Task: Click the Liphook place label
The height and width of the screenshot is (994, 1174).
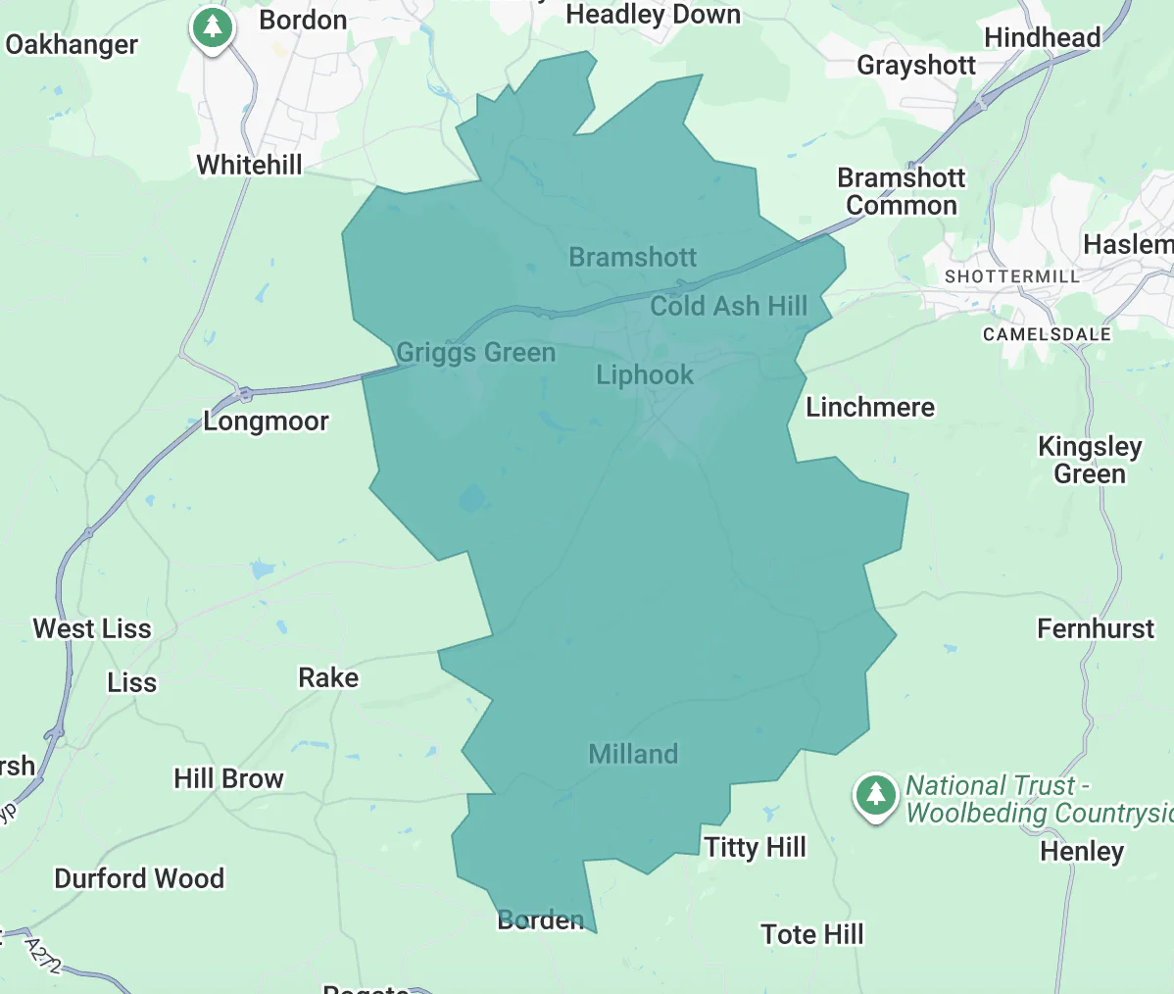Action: pos(645,374)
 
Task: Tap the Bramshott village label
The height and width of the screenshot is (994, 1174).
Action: pos(633,257)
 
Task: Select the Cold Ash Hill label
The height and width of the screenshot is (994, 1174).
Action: pos(729,306)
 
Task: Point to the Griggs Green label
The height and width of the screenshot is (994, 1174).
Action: pos(475,352)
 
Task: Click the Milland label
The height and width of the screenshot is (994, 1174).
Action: pos(633,754)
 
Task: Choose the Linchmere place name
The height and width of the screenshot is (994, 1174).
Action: pos(870,407)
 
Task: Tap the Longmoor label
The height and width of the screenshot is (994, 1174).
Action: pos(266,421)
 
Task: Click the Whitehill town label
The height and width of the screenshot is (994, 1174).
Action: pos(250,165)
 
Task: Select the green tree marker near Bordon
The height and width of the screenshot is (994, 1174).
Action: pos(212,27)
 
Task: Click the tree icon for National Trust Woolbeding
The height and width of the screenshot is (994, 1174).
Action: pos(875,794)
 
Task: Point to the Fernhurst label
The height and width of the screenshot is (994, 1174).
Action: pos(1096,628)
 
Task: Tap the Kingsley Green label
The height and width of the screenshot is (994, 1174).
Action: pos(1090,460)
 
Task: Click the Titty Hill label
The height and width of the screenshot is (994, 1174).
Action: pos(755,847)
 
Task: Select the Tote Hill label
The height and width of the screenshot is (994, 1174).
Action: pos(812,934)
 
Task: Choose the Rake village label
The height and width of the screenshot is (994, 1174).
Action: pos(328,677)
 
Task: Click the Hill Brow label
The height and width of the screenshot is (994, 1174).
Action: pos(228,778)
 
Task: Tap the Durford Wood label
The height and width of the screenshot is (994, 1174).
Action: pos(139,878)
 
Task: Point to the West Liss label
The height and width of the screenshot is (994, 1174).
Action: pos(92,628)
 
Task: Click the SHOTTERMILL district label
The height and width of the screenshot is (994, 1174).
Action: pos(1011,276)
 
